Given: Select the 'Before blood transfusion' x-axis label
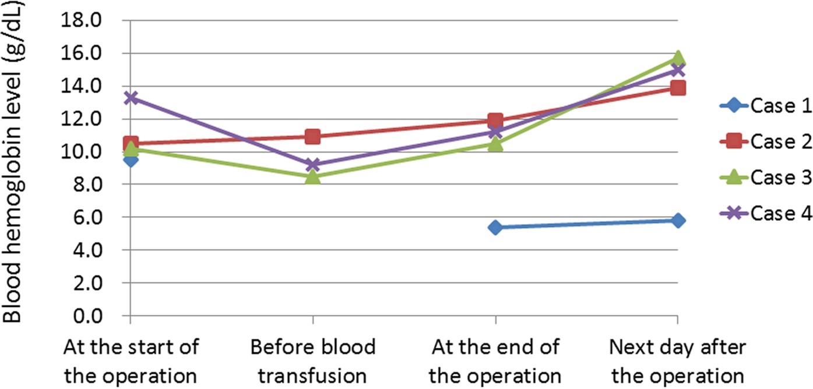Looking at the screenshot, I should pyautogui.click(x=313, y=361).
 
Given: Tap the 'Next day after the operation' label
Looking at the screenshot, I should pyautogui.click(x=677, y=361).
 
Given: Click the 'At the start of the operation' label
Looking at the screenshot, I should pyautogui.click(x=131, y=361).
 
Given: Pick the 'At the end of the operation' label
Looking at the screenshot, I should pyautogui.click(x=495, y=361).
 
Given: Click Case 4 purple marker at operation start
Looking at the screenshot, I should pyautogui.click(x=131, y=98).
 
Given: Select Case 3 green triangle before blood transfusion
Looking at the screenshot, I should pyautogui.click(x=313, y=176).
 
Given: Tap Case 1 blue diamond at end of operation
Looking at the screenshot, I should pyautogui.click(x=495, y=227).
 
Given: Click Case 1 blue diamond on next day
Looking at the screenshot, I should pyautogui.click(x=677, y=221).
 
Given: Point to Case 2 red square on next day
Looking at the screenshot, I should pyautogui.click(x=677, y=88).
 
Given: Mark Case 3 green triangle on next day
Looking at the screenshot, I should pyautogui.click(x=677, y=58).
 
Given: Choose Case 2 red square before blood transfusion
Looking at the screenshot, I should pyautogui.click(x=313, y=137).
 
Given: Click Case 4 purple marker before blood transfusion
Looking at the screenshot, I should pyautogui.click(x=313, y=165).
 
